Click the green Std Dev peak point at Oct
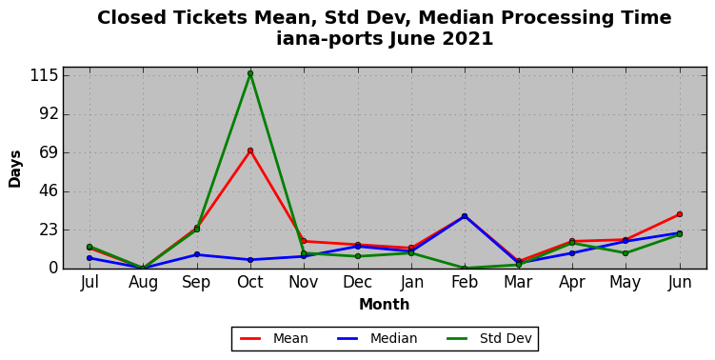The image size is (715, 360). click(x=250, y=73)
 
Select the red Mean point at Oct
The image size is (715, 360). click(x=250, y=150)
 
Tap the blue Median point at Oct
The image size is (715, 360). click(x=250, y=260)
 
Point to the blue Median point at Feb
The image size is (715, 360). click(x=465, y=216)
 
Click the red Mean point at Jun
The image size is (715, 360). click(x=680, y=214)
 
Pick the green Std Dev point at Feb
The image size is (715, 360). click(x=465, y=269)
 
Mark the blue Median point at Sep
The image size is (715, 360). click(x=197, y=254)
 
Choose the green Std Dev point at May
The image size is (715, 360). click(x=626, y=253)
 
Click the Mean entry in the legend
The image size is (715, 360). click(x=274, y=338)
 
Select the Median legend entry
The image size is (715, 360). click(x=377, y=338)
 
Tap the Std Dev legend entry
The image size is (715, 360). click(x=488, y=338)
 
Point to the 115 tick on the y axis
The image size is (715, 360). click(x=44, y=75)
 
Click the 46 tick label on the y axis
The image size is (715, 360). click(x=49, y=191)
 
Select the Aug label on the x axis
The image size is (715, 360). click(x=143, y=283)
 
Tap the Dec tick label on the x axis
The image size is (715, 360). click(x=358, y=282)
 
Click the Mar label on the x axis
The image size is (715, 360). click(x=519, y=282)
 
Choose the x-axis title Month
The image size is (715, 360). click(x=385, y=305)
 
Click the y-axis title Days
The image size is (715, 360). click(x=14, y=169)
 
